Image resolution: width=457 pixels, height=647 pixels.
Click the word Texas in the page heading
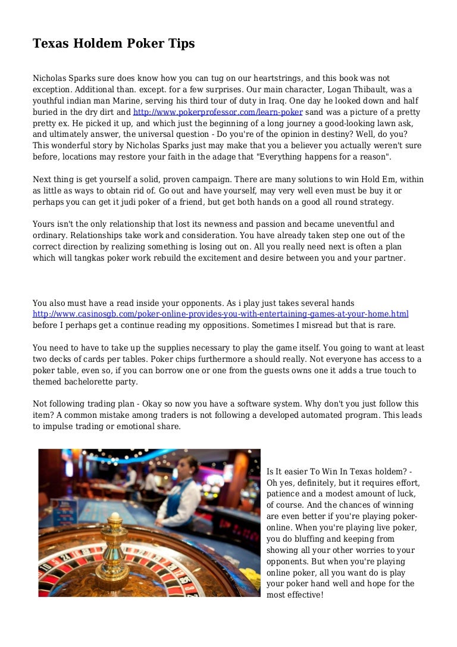point(49,43)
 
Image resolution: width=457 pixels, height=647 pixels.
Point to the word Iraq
point(308,101)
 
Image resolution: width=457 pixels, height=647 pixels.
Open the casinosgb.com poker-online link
point(221,314)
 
